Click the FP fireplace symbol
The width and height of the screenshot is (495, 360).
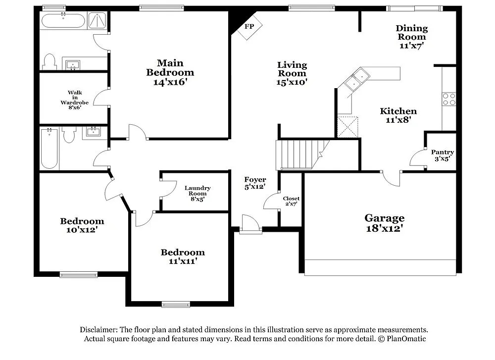pyautogui.click(x=249, y=27)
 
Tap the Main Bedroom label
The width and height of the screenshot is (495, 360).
pyautogui.click(x=170, y=72)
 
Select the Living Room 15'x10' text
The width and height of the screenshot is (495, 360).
pyautogui.click(x=292, y=73)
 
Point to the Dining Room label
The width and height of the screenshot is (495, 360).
pyautogui.click(x=411, y=37)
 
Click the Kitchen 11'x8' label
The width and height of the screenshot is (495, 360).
pyautogui.click(x=398, y=115)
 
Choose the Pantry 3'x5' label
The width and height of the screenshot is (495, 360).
pyautogui.click(x=442, y=155)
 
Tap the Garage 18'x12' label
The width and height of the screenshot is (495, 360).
pyautogui.click(x=384, y=223)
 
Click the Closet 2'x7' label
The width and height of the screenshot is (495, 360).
pyautogui.click(x=291, y=201)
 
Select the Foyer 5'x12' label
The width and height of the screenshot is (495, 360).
pyautogui.click(x=255, y=183)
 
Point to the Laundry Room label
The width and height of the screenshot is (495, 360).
pyautogui.click(x=198, y=193)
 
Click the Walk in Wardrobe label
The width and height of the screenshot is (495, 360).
pyautogui.click(x=75, y=98)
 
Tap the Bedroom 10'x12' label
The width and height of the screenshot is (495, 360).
pyautogui.click(x=82, y=225)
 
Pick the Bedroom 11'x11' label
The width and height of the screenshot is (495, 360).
pyautogui.click(x=182, y=256)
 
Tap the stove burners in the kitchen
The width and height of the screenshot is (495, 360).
pyautogui.click(x=449, y=99)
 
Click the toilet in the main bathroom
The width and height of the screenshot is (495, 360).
pyautogui.click(x=49, y=62)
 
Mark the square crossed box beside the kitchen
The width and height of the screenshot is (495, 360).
pyautogui.click(x=348, y=126)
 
